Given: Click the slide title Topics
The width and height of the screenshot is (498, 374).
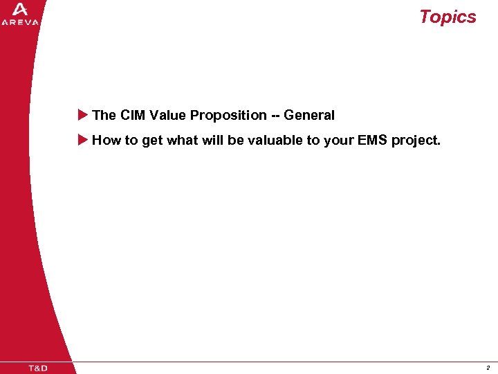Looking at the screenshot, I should coord(448,17).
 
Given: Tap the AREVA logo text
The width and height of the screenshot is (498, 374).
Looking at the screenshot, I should coord(20,22).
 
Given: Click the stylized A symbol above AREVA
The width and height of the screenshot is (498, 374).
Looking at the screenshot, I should coord(20,9).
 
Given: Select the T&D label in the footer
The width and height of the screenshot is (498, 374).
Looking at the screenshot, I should coord(38,368).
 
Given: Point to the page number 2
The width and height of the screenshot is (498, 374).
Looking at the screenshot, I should coord(488,368).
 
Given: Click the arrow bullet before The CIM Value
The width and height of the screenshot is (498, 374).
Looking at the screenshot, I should coord(82,115).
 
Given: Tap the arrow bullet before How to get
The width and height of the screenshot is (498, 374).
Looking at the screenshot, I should coord(82,140).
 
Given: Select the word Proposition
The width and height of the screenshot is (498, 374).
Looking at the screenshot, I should coord(228,115).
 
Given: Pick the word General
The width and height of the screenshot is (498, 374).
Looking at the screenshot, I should coord(308,115).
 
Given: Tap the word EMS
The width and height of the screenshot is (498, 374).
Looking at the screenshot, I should coord(372,140).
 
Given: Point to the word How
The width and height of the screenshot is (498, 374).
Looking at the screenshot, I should coord(107,140).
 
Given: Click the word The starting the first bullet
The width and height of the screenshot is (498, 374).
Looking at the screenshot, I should coord(104,115).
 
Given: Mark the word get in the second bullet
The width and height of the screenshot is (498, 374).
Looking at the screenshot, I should coord(152,140).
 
